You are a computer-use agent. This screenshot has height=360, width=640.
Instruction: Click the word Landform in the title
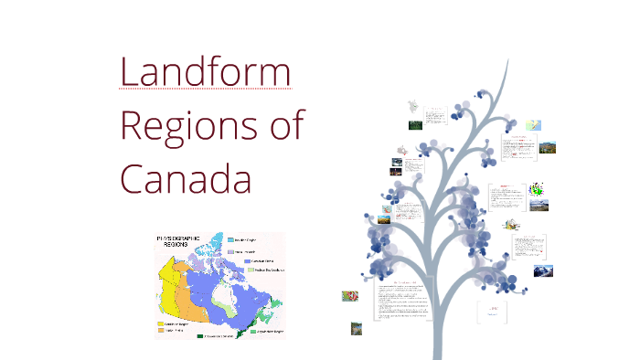pyautogui.click(x=206, y=72)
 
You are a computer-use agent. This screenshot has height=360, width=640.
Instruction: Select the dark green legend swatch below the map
pyautogui.click(x=200, y=337)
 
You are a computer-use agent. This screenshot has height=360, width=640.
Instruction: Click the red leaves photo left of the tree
pyautogui.click(x=350, y=296)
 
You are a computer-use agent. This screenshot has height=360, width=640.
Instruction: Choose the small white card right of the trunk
pyautogui.click(x=487, y=312)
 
